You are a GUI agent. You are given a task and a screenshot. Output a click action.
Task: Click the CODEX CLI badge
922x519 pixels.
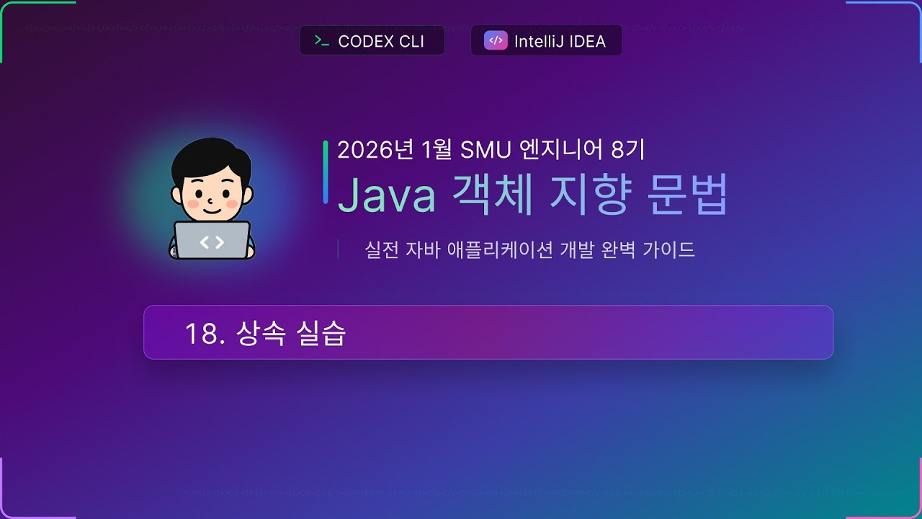(x=372, y=41)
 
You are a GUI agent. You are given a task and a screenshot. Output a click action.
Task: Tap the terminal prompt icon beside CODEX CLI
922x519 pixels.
(x=322, y=41)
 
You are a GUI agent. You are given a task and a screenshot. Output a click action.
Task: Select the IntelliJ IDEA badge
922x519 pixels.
(x=546, y=41)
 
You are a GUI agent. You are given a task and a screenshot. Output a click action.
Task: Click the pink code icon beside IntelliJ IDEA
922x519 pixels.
(x=495, y=41)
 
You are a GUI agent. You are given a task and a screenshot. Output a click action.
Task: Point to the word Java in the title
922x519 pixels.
(x=386, y=195)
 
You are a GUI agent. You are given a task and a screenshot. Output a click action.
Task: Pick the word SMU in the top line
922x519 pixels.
(x=485, y=150)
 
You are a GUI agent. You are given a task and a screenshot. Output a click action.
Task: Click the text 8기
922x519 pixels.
(x=627, y=150)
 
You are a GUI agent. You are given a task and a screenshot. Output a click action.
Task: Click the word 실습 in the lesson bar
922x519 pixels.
(x=321, y=333)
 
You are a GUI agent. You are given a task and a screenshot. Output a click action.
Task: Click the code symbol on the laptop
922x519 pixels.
(x=212, y=242)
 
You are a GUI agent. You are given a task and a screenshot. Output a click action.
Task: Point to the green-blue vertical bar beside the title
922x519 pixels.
(x=326, y=172)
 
